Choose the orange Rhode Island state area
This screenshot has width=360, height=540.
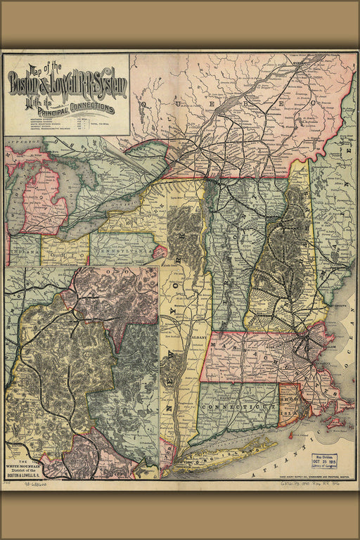(x=289, y=405)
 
